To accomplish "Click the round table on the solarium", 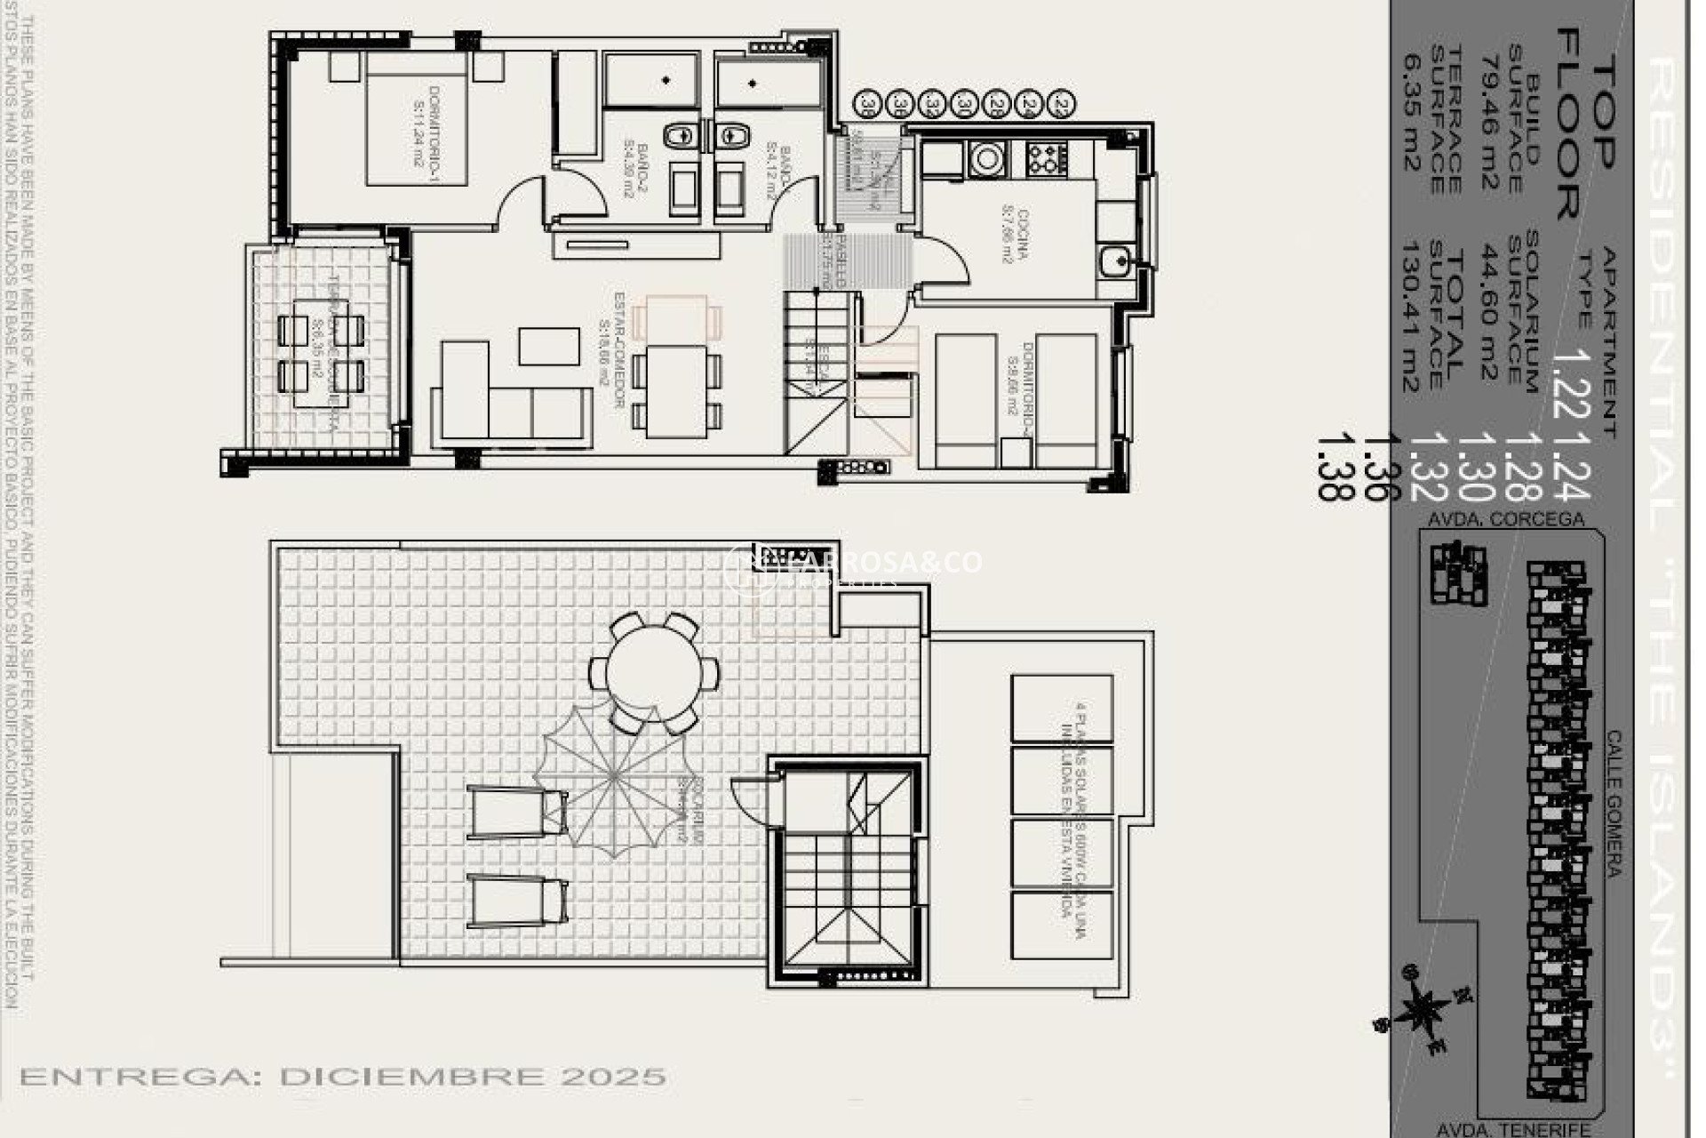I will (x=655, y=671).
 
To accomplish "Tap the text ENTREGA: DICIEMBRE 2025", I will (x=343, y=1077).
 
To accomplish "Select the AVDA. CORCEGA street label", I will (x=1505, y=518).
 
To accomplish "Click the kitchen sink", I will (x=1113, y=261).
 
